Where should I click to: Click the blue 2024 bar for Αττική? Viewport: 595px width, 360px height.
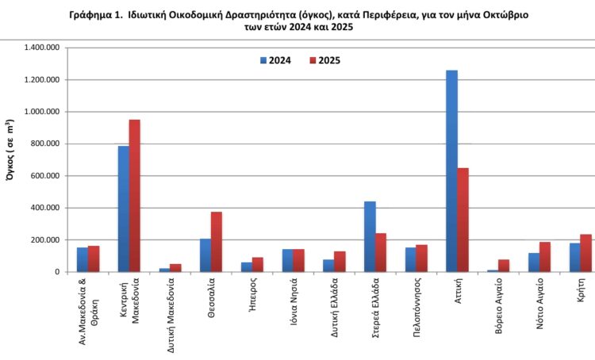pyautogui.click(x=451, y=171)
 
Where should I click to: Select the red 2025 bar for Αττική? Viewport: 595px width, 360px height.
pyautogui.click(x=463, y=220)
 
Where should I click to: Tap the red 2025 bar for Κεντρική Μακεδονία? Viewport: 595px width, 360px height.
pyautogui.click(x=135, y=196)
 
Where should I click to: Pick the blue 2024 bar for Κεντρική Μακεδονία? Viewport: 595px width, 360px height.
pyautogui.click(x=124, y=209)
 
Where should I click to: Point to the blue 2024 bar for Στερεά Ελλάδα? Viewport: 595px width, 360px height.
pyautogui.click(x=370, y=236)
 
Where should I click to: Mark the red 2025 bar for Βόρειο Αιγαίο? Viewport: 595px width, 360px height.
pyautogui.click(x=505, y=266)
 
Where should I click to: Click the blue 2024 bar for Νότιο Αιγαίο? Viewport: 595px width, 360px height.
pyautogui.click(x=534, y=262)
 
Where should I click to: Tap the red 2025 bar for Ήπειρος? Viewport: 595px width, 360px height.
pyautogui.click(x=258, y=265)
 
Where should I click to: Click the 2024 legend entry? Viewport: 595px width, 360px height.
pyautogui.click(x=274, y=60)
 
